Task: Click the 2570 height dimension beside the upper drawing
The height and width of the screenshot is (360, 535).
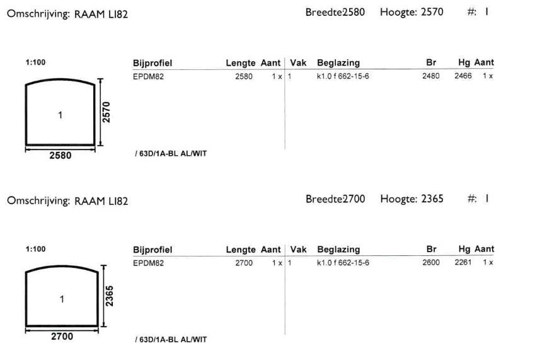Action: (x=106, y=112)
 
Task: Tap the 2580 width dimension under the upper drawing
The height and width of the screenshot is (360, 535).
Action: (x=60, y=156)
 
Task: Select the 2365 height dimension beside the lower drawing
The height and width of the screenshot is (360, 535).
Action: (x=109, y=296)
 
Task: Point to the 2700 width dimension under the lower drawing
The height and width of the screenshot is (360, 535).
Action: (x=62, y=337)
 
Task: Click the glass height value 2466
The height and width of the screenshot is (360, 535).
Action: (x=463, y=76)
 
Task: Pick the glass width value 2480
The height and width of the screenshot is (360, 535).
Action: (x=431, y=76)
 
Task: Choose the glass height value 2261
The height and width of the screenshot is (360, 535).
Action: (x=463, y=262)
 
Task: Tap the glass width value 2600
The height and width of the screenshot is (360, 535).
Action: (x=431, y=262)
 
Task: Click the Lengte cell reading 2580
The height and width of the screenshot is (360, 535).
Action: (x=244, y=76)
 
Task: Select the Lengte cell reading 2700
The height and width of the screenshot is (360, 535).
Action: (x=244, y=263)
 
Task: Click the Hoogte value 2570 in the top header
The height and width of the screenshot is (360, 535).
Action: (x=432, y=12)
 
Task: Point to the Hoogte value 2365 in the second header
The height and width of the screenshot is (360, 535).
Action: (x=432, y=199)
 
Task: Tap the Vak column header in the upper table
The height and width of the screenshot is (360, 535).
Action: (x=298, y=63)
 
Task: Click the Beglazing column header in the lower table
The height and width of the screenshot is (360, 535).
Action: (x=338, y=250)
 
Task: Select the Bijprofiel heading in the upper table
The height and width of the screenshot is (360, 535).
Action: (x=152, y=63)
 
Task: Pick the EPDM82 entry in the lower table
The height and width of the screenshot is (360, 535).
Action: (x=149, y=263)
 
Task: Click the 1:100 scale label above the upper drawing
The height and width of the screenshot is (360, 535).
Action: (x=35, y=62)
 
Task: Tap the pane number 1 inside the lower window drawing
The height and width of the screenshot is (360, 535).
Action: (x=62, y=299)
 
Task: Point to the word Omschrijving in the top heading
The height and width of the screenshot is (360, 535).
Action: (x=38, y=14)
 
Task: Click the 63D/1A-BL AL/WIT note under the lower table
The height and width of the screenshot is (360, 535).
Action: (x=171, y=340)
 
